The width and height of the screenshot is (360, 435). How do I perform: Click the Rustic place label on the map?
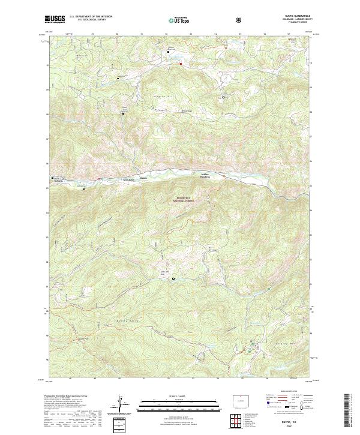click(143, 178)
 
